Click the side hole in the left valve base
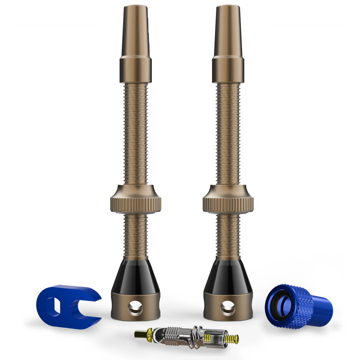[136, 308]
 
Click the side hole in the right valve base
[228, 308]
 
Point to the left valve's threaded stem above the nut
[136, 133]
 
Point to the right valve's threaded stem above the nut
[228, 133]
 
